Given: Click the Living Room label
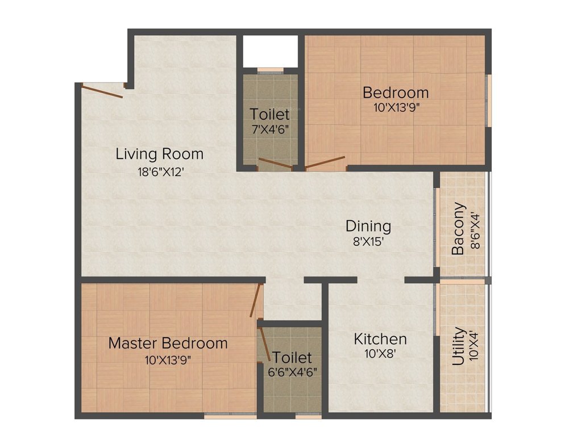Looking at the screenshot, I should [x=159, y=154].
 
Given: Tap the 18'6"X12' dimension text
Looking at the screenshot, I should [x=159, y=171].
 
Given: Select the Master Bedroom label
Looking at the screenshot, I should [x=168, y=343].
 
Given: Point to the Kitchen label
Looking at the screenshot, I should [x=380, y=339].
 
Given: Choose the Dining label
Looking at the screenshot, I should [x=368, y=226].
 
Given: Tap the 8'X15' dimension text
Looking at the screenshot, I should [x=368, y=241].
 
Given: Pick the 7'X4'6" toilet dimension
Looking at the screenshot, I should [x=270, y=129].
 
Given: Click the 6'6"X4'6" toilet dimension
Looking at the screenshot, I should [x=292, y=372].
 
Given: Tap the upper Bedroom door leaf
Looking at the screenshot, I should [x=325, y=162].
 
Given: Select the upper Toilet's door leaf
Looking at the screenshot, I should [x=275, y=163].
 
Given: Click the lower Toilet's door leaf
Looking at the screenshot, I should [x=264, y=344].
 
